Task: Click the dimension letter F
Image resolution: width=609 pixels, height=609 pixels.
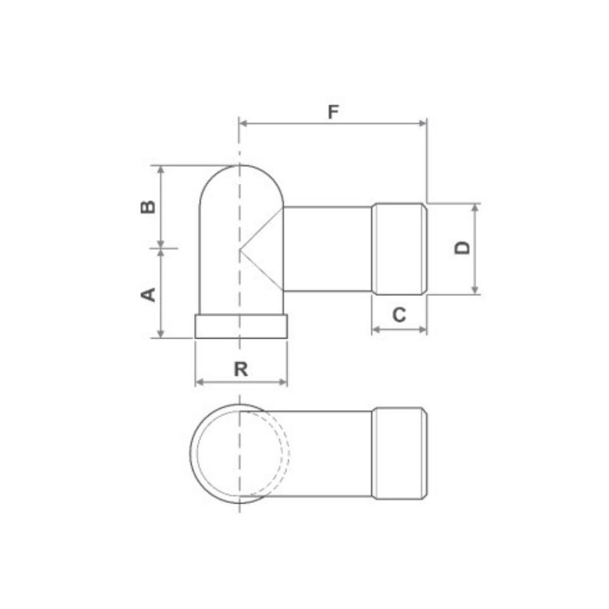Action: pos(333,112)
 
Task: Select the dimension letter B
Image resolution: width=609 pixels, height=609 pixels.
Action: pos(148,207)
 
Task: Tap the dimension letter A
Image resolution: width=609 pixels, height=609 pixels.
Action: pos(148,294)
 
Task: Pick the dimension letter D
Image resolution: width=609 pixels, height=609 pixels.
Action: pos(462,248)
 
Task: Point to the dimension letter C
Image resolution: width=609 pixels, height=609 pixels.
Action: pos(400,315)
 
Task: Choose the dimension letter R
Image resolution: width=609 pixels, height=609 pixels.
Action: pos(241,369)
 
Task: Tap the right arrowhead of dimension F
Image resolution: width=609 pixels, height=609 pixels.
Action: pos(423,124)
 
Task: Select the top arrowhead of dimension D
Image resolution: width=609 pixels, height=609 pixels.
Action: pos(474,208)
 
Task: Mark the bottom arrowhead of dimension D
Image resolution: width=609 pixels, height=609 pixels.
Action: pos(474,290)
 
